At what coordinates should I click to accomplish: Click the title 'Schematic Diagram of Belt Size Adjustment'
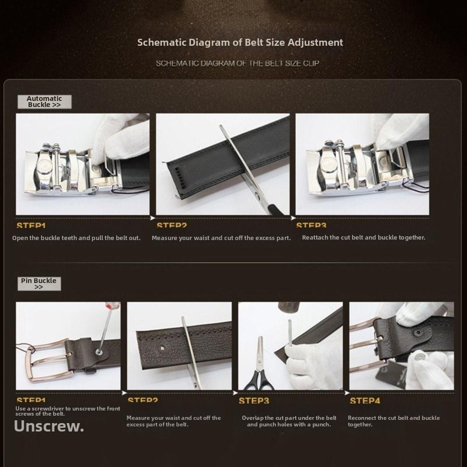click(x=240, y=42)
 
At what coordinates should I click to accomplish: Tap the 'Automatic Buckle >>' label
click(x=44, y=102)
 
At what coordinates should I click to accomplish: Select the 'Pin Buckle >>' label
click(x=39, y=283)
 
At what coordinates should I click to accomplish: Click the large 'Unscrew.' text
click(x=49, y=426)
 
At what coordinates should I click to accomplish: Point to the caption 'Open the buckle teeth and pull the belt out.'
click(x=76, y=238)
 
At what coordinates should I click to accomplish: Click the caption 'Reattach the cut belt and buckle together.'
click(x=363, y=237)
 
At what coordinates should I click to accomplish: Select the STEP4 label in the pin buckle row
click(x=365, y=401)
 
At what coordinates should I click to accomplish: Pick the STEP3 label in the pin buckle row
click(x=254, y=401)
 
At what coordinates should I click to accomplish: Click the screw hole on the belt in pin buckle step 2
click(x=162, y=347)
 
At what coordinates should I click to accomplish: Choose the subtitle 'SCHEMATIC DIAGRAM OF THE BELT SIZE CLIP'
click(x=237, y=63)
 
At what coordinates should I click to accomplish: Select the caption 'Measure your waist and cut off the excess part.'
click(x=221, y=238)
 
